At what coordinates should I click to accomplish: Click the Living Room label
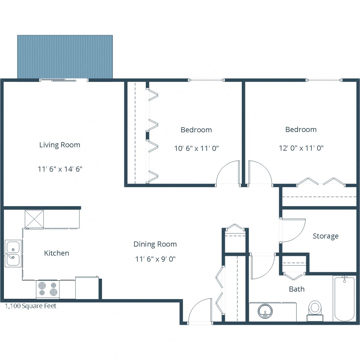click(60, 145)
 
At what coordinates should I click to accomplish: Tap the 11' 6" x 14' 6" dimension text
click(60, 169)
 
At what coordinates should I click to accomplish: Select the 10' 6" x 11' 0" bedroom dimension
click(196, 148)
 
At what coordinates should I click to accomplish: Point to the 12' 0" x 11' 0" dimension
click(301, 148)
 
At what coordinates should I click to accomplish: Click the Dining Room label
click(155, 244)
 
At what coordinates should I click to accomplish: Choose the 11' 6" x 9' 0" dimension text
click(155, 259)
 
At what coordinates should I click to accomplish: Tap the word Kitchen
click(56, 253)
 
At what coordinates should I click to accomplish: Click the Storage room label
click(325, 236)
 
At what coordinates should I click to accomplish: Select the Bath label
click(296, 289)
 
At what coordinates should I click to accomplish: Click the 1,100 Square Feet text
click(31, 306)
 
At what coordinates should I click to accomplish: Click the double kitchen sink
click(13, 253)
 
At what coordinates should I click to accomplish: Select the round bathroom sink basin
click(265, 311)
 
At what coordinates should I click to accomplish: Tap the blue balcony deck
click(65, 57)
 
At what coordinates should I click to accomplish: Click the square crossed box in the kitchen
click(34, 219)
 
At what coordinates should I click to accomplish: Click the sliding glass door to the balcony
click(64, 80)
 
